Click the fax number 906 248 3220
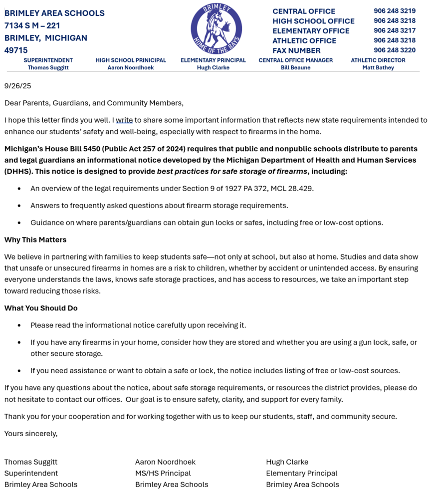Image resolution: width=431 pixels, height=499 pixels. pos(394,50)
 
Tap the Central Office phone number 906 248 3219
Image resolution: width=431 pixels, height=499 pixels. pos(394,11)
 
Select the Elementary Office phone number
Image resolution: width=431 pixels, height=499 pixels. pos(394,30)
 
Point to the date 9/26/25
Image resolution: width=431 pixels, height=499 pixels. pos(17,86)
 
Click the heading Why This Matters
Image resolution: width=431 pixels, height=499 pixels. pos(35,240)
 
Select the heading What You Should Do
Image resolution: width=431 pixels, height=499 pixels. pos(41,308)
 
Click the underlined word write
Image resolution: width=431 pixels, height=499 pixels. pos(124,120)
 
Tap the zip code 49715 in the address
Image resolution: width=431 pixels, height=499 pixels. pos(16,50)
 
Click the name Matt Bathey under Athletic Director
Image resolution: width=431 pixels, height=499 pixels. pos(378,68)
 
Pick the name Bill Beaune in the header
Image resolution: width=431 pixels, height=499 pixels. pos(295,68)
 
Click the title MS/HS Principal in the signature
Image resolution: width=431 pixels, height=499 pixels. pos(163,473)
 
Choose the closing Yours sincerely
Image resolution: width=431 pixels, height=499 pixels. pos(31,434)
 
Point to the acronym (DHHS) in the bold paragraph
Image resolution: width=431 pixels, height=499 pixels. pos(16,172)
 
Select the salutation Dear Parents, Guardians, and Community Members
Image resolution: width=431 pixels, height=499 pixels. pos(94,103)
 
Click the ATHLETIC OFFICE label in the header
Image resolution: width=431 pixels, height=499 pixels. pos(304,40)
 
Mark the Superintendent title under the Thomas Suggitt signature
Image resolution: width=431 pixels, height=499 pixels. pos(31,473)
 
